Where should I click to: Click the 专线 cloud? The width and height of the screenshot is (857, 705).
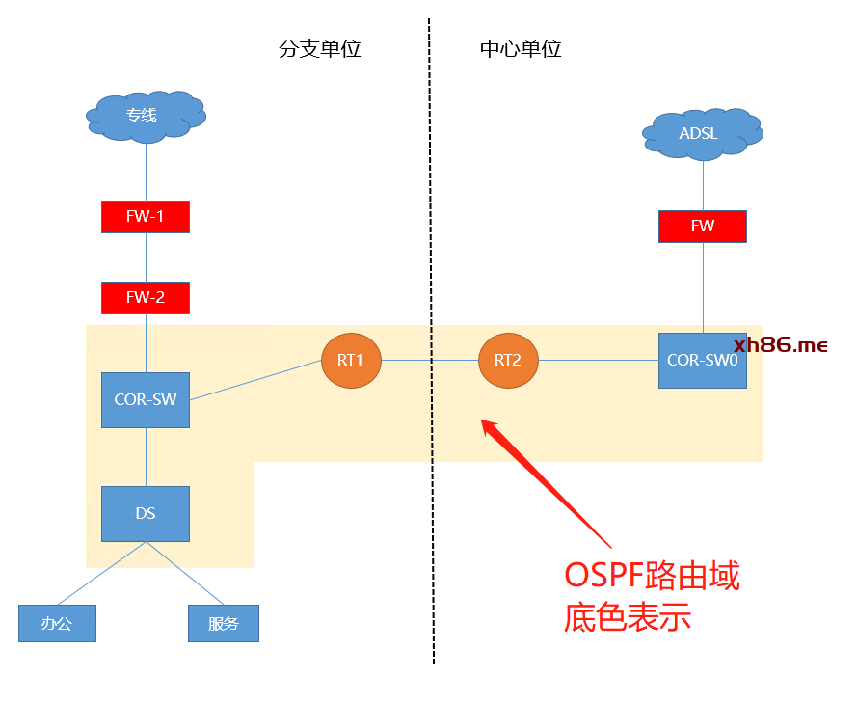click(x=146, y=117)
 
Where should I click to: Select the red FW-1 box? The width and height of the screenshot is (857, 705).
click(x=146, y=217)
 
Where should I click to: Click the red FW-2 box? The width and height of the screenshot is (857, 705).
click(x=146, y=298)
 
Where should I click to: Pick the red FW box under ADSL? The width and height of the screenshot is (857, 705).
click(x=702, y=227)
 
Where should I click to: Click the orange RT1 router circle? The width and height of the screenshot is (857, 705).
click(x=351, y=361)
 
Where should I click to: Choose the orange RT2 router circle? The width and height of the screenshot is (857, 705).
click(x=508, y=361)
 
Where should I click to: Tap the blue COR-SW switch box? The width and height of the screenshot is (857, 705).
click(x=146, y=399)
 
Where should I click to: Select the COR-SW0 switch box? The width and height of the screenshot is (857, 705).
click(x=702, y=361)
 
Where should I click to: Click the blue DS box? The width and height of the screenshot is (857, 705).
click(x=146, y=514)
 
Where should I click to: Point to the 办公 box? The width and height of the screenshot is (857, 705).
click(x=57, y=623)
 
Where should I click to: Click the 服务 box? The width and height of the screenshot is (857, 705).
click(x=224, y=623)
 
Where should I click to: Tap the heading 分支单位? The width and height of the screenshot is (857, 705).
click(x=320, y=49)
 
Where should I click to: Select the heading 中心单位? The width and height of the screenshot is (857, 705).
click(x=521, y=49)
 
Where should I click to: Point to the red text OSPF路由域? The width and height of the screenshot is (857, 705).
click(x=652, y=577)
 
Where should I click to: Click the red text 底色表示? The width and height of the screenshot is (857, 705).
click(x=628, y=617)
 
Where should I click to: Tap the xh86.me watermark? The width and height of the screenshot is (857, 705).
click(x=781, y=345)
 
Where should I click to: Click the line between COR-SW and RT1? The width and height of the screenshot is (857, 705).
click(x=255, y=380)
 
